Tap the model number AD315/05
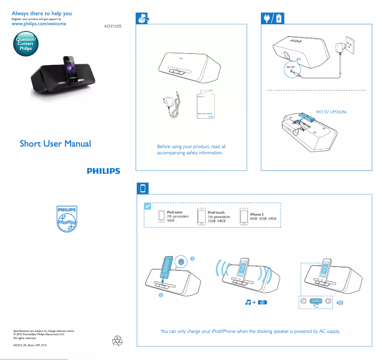(113, 27)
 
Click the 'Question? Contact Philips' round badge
(25, 44)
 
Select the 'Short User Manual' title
(55, 143)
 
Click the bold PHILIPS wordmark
(103, 171)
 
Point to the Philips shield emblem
(67, 220)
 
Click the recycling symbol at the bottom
(117, 340)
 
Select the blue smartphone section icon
(143, 188)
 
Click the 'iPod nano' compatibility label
(174, 212)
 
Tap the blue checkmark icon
(148, 206)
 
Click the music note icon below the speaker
(248, 302)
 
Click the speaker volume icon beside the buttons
(340, 302)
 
